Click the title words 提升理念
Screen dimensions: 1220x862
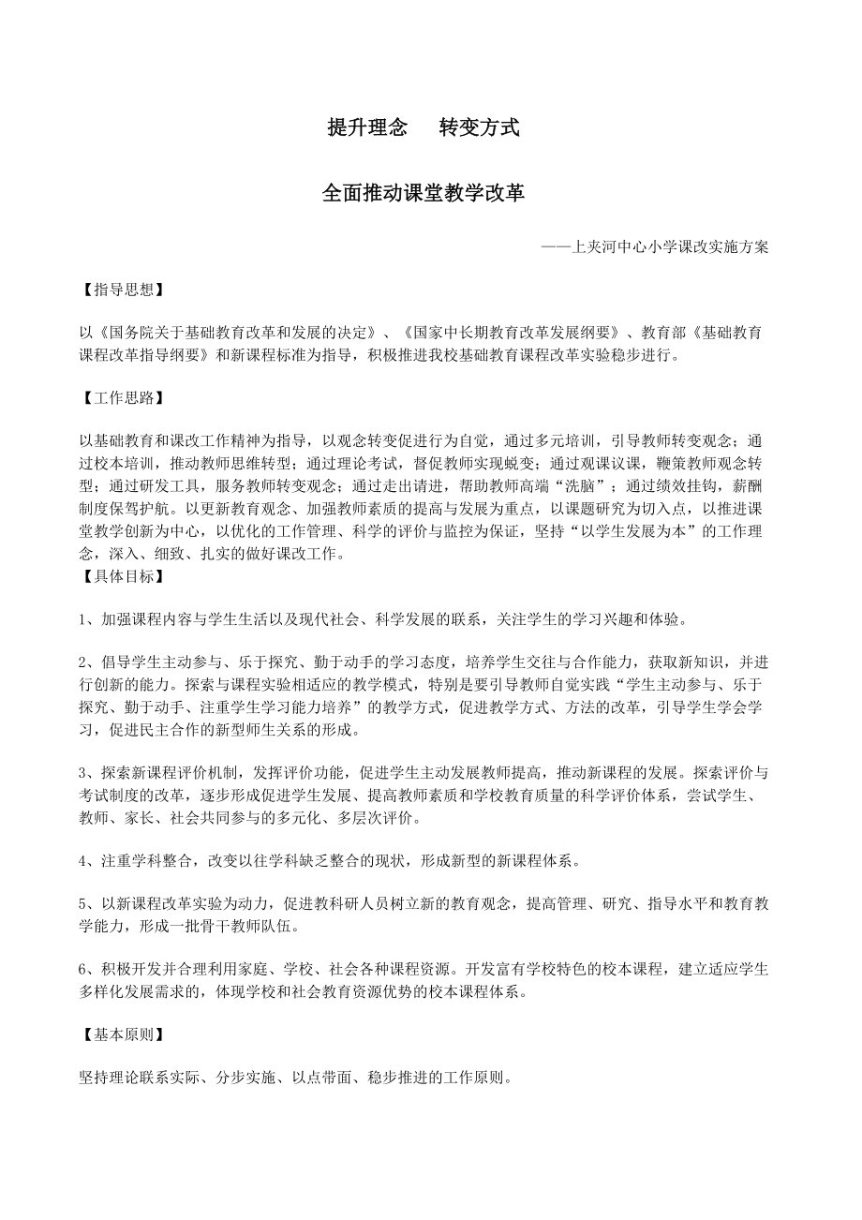point(367,128)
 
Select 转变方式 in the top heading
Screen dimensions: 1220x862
point(479,128)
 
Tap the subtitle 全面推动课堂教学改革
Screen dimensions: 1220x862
point(424,193)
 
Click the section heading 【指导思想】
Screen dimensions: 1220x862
point(121,289)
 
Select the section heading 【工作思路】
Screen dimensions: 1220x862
point(121,398)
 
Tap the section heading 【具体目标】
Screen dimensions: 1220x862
point(121,576)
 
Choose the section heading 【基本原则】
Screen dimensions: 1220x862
point(121,1034)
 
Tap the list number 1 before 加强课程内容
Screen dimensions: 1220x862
point(83,619)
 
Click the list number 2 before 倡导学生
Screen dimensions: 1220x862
point(83,662)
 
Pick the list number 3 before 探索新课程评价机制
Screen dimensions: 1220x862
point(83,773)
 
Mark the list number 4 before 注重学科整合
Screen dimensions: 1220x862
point(83,859)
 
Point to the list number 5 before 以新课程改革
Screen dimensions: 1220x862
point(83,903)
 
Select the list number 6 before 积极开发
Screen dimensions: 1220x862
point(83,969)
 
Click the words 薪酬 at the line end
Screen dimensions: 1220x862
point(752,486)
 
